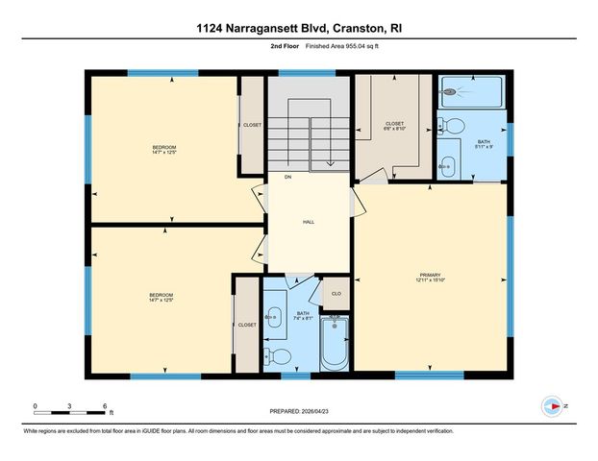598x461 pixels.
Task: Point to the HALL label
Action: (309, 222)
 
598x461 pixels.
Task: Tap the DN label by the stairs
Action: (287, 177)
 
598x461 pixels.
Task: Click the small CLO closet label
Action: (336, 293)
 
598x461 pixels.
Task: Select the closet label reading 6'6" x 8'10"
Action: (395, 126)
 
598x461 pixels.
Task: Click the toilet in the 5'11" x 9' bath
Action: (454, 125)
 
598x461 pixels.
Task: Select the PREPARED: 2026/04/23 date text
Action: (299, 411)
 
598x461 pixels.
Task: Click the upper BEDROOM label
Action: (164, 149)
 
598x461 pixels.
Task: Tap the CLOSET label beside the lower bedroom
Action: (247, 325)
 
